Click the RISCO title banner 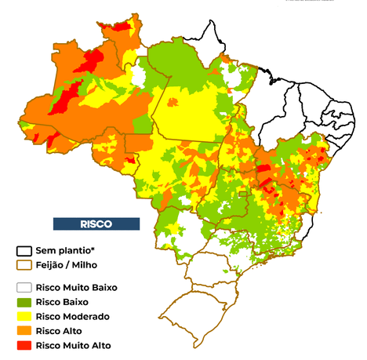pyautogui.click(x=96, y=224)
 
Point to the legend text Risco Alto pyautogui.click(x=60, y=330)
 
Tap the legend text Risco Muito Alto pyautogui.click(x=74, y=344)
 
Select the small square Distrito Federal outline pyautogui.click(x=243, y=194)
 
